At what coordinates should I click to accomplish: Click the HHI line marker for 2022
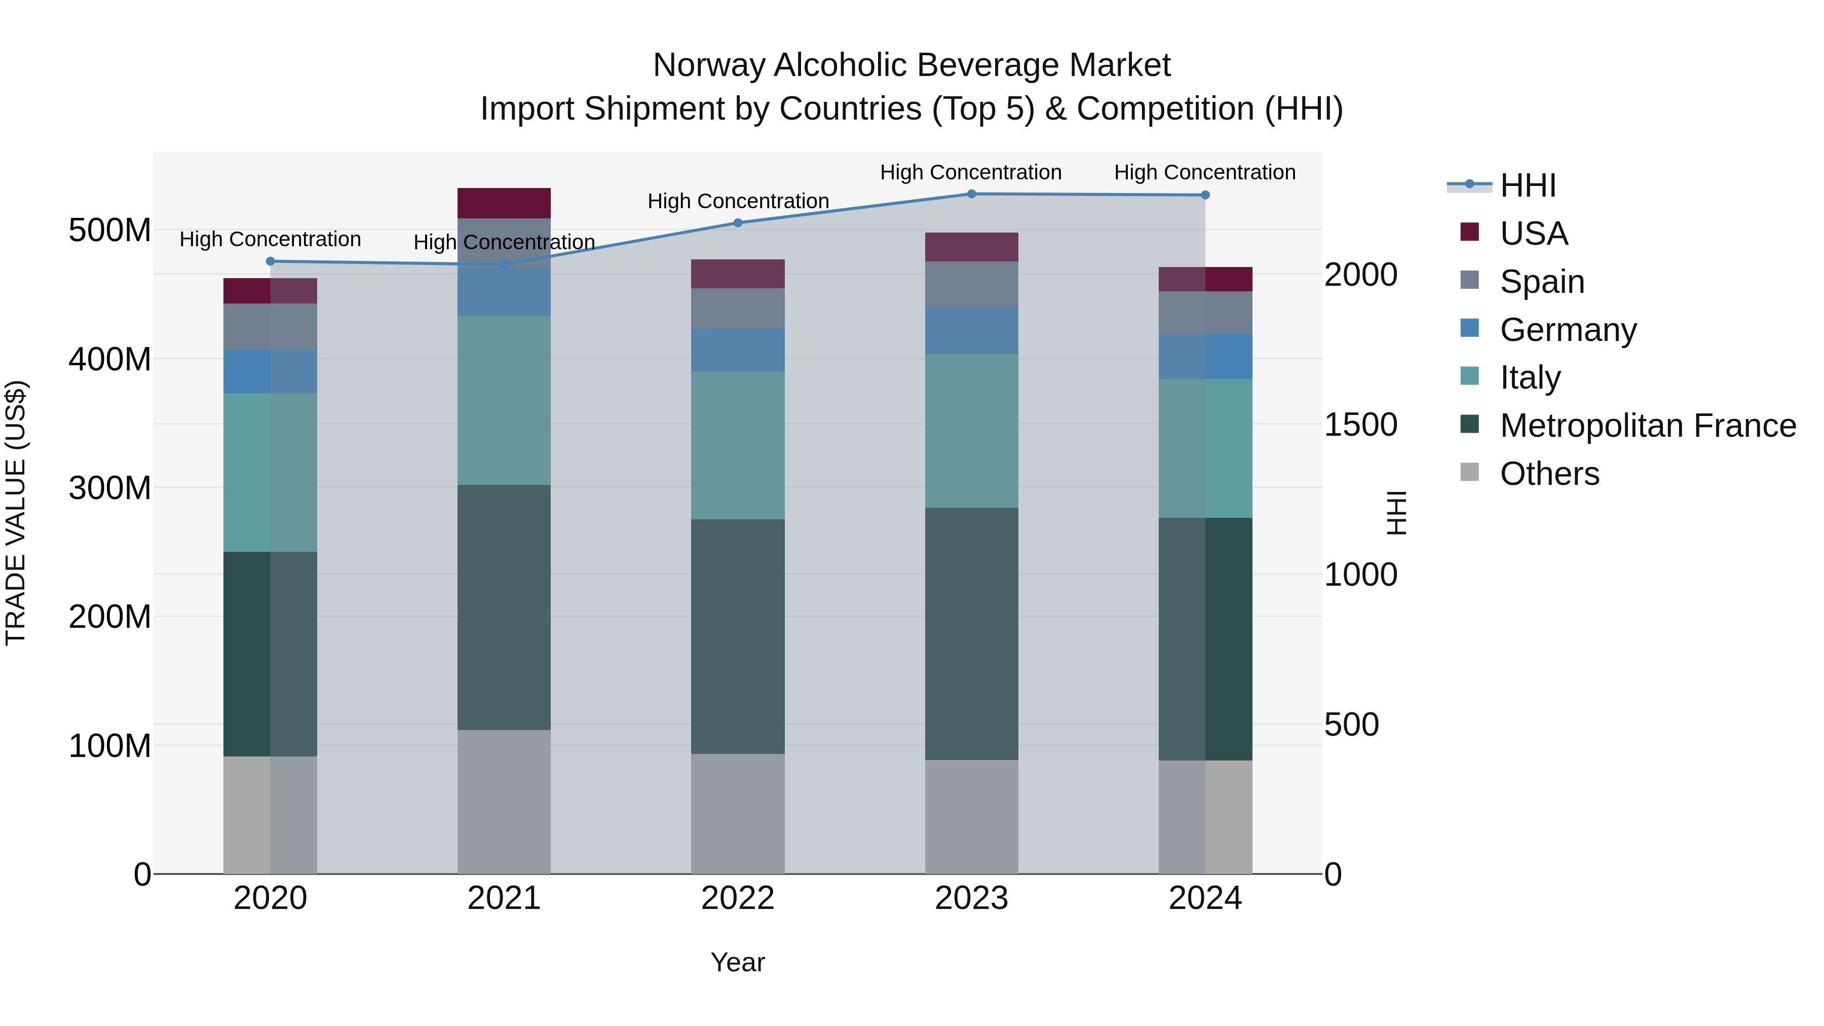point(738,223)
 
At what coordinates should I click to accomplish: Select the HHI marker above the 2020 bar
point(271,261)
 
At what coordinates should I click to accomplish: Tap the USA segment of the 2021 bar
point(504,203)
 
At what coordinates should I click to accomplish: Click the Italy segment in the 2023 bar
point(971,431)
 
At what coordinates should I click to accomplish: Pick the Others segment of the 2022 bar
point(738,814)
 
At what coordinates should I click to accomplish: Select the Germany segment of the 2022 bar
point(738,351)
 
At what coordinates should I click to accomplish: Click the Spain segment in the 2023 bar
point(971,285)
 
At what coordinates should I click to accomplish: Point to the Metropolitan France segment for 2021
point(504,607)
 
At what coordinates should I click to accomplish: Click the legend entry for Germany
point(1568,330)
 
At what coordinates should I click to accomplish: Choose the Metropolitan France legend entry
point(1647,426)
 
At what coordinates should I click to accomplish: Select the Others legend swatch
point(1470,472)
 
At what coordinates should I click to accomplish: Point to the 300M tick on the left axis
point(110,488)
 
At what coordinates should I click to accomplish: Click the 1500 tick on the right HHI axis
point(1360,425)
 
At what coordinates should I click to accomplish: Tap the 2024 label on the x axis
point(1205,898)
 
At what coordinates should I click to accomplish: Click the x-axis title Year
point(738,962)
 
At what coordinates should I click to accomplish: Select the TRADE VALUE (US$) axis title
point(16,513)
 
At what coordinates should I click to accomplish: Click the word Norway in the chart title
point(709,65)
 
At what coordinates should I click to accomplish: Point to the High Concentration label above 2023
point(971,172)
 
